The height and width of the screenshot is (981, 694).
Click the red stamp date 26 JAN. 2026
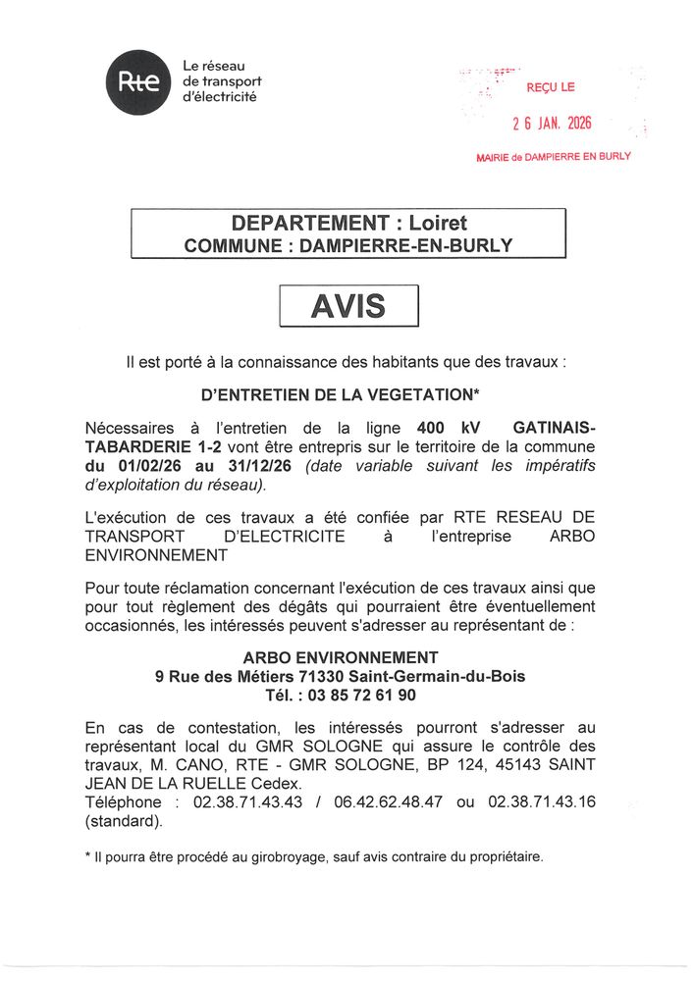pyautogui.click(x=553, y=125)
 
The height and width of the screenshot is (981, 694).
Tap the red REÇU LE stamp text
pyautogui.click(x=551, y=88)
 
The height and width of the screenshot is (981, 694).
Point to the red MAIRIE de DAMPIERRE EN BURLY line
pyautogui.click(x=553, y=157)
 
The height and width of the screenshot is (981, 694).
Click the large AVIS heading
pyautogui.click(x=348, y=307)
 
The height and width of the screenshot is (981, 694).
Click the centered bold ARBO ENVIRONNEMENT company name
pyautogui.click(x=340, y=657)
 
